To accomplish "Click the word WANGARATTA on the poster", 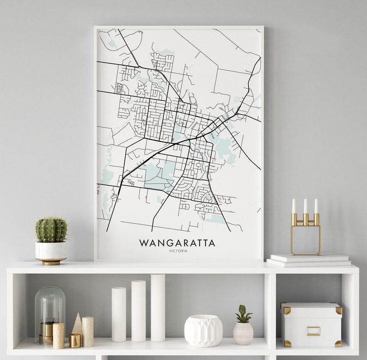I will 177,243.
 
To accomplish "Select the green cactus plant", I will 51,230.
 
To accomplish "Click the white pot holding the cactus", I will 51,250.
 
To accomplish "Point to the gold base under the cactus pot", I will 51,261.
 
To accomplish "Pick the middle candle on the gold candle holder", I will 305,206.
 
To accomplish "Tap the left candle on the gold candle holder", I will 294,206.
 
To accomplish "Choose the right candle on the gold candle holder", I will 316,206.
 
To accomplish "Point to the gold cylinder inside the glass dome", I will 46,332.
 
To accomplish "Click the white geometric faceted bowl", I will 203,330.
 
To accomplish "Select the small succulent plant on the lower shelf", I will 243,314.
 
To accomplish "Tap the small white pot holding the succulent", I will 243,333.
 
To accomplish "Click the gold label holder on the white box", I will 313,331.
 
